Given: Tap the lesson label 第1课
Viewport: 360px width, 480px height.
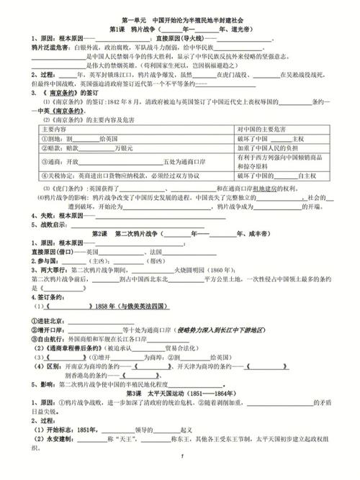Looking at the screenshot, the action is click(117, 30).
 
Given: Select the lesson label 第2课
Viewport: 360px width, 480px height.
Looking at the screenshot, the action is click(104, 235).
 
